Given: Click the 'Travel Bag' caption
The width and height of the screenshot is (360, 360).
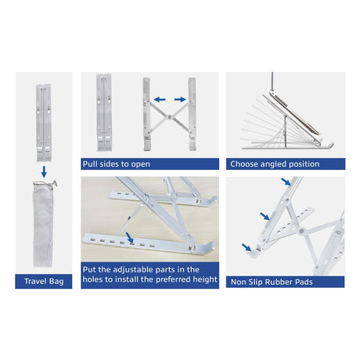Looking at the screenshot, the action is (44, 282).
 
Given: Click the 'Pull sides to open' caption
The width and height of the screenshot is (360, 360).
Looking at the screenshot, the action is (117, 164).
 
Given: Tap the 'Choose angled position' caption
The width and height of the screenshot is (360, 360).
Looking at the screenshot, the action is (275, 164).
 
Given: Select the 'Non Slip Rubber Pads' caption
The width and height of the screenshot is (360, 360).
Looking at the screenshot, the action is (272, 282).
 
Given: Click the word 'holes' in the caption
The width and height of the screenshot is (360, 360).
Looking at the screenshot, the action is (92, 279).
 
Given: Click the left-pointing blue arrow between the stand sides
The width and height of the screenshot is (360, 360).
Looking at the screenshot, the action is (160, 99).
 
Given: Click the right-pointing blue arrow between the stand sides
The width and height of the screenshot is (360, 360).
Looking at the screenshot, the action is (180, 99).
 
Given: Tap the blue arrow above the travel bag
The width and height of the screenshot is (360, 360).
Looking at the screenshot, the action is (44, 172).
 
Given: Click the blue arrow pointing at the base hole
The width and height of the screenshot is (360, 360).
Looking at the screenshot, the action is (130, 238).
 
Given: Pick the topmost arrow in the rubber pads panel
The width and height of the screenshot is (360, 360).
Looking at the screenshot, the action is (286, 182).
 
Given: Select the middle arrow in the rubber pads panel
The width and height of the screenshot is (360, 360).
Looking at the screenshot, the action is (265, 216).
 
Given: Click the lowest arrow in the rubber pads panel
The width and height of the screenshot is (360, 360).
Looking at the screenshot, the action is (247, 247).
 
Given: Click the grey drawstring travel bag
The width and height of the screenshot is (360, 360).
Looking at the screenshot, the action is (43, 225).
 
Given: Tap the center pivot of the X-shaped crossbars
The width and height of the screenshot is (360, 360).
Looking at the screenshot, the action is (170, 117).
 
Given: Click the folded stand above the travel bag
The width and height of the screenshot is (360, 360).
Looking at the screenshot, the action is (44, 123).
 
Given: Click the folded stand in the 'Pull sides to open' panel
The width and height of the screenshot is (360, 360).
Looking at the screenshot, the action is (104, 113).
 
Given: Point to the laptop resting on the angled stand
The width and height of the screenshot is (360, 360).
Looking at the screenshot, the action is (294, 113).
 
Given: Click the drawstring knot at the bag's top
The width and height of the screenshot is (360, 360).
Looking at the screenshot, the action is (54, 182).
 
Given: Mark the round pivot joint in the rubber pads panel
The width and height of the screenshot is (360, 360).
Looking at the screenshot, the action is (302, 231).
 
